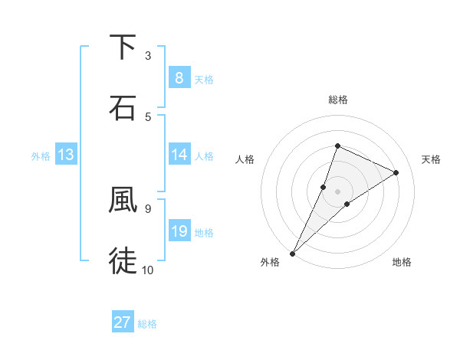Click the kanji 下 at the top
point(123,47)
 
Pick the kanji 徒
point(123,260)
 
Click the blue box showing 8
point(179,77)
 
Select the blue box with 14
point(179,155)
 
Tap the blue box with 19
point(179,231)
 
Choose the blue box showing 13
point(65,155)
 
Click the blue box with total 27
point(122,322)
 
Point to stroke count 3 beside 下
point(148,56)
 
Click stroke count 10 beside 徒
point(148,270)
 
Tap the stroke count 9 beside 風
point(148,208)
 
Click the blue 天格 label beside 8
point(204,79)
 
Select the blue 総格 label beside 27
point(147,324)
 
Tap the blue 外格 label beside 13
point(41,156)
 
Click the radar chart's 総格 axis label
point(337,100)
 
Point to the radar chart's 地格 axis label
point(402,263)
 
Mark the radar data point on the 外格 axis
point(292,253)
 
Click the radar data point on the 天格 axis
point(396,172)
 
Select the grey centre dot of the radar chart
point(337,191)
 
